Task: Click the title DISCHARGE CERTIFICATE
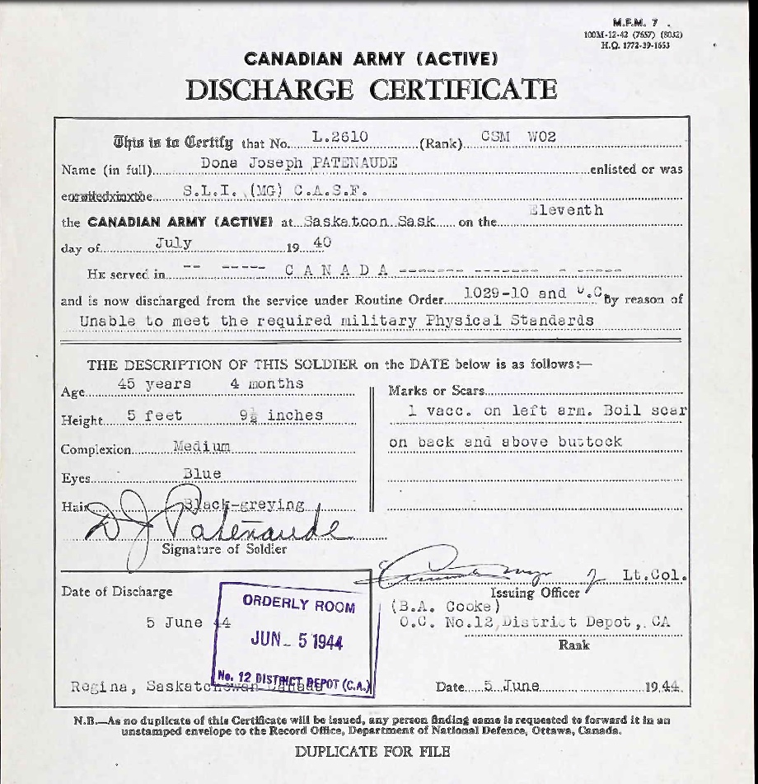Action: [372, 90]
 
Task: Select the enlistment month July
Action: [173, 243]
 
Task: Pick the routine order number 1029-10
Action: [492, 293]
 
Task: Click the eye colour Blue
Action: [202, 473]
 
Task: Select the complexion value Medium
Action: [202, 446]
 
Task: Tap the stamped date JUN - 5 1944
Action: [297, 641]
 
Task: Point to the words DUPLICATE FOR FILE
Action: [372, 751]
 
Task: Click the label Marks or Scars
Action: [436, 390]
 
